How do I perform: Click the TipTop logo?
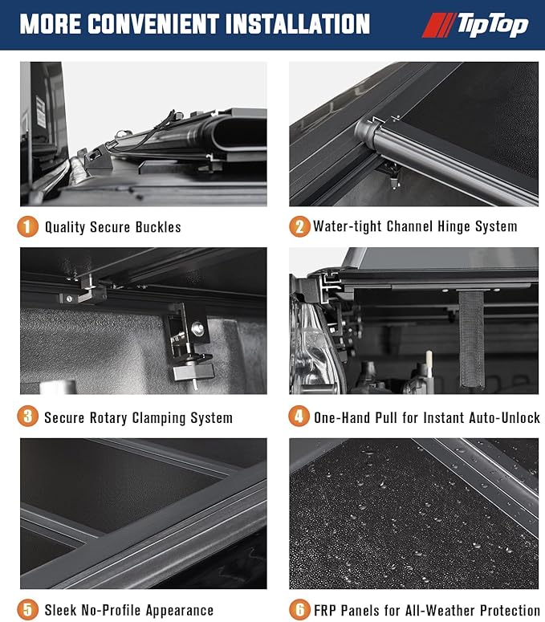point(475,25)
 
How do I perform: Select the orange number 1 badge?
point(27,226)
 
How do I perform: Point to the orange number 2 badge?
point(299,226)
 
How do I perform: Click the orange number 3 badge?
point(27,417)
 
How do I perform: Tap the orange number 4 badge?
point(299,417)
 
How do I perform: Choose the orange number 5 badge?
point(27,609)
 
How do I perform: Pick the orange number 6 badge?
point(299,609)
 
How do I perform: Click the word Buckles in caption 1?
point(158,227)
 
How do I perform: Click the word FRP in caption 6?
point(325,610)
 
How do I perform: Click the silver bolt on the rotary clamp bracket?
point(197,328)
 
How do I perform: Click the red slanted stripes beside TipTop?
point(439,25)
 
